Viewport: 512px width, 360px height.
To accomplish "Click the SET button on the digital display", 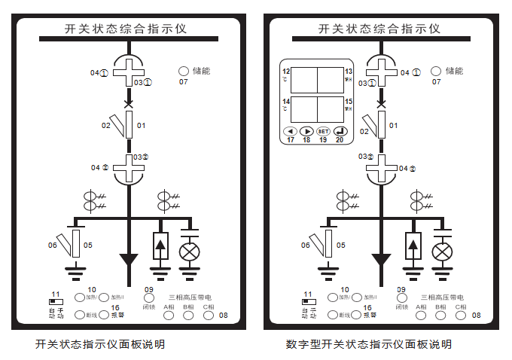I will tap(323, 131).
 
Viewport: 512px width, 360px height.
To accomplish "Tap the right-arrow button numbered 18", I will tap(306, 131).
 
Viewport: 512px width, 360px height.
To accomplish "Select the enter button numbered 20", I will tap(340, 131).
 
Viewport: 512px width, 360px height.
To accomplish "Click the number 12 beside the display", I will tap(286, 71).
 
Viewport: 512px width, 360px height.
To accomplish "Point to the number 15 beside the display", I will tap(349, 101).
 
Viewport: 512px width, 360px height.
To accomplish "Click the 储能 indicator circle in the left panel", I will tap(183, 72).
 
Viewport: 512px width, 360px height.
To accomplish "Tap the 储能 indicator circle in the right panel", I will tap(435, 72).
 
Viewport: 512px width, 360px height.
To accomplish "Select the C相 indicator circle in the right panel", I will tap(460, 316).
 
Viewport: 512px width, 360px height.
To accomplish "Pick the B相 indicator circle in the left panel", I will tap(187, 316).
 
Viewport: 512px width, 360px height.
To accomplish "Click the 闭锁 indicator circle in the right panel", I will tap(401, 298).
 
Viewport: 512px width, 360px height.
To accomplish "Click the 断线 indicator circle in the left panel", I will tap(80, 315).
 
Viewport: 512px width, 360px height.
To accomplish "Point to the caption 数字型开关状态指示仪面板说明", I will tap(368, 344).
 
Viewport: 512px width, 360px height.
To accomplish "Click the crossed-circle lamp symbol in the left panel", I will tap(188, 251).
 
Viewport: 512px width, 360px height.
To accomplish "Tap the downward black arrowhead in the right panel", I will tap(381, 261).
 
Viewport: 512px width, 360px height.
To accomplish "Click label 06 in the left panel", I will tap(53, 245).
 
